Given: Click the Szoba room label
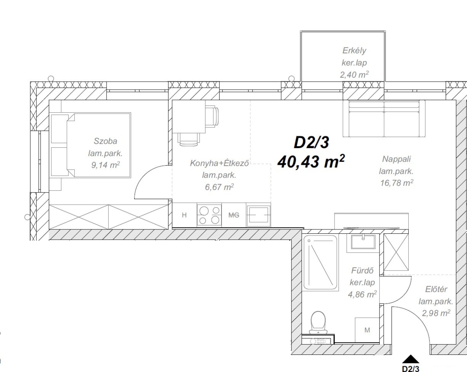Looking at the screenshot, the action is coord(105,141).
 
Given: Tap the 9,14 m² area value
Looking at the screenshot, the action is coord(105,165).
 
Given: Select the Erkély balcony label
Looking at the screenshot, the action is coord(354,51).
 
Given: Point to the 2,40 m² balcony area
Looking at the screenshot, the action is coord(354,75).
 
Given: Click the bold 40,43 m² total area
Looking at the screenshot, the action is coord(311,162).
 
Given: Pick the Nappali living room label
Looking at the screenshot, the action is coord(397,159).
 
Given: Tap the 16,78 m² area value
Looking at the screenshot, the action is coord(397,183).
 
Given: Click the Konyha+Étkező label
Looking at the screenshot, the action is coord(219,163).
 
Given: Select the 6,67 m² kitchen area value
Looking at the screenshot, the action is coord(219,187).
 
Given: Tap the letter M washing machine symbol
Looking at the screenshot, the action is coord(367,330).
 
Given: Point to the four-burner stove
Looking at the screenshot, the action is coord(209,215).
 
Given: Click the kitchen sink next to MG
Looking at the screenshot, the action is coord(258,215).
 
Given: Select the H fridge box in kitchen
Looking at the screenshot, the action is coord(185,215).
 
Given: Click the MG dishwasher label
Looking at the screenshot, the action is coord(234,215).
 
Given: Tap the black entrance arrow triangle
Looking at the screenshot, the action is coord(410,359).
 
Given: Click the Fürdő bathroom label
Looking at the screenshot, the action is coord(362,271).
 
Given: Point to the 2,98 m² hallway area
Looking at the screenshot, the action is coord(436,313).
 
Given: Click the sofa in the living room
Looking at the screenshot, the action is coord(384,119).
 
